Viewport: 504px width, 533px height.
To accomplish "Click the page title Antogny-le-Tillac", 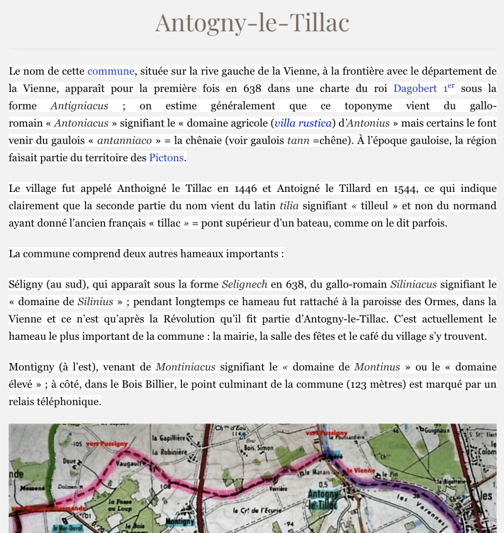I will point(252,23).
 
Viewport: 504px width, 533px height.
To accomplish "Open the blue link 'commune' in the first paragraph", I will point(111,71).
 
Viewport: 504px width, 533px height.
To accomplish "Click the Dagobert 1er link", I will point(424,89).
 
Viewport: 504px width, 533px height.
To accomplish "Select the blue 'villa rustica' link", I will point(303,123).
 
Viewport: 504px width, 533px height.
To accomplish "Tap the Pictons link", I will point(166,157).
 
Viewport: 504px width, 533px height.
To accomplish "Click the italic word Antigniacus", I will point(79,106).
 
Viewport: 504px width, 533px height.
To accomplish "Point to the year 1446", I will point(249,188).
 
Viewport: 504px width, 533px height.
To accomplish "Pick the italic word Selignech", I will point(246,284).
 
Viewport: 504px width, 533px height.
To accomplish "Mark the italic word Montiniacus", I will point(185,366).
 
